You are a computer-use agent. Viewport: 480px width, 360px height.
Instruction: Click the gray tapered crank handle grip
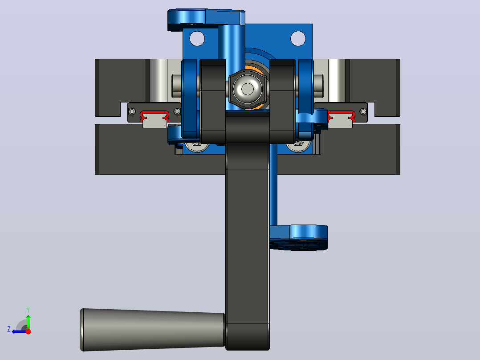tap(152, 330)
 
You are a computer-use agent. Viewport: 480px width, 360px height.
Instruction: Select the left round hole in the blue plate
tap(197, 39)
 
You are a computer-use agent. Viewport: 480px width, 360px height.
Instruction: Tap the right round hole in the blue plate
tap(298, 39)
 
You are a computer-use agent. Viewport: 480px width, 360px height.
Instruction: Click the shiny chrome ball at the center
tap(248, 89)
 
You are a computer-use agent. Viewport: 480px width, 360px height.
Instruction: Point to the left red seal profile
tap(155, 115)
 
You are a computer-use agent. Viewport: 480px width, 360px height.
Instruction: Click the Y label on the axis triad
tap(28, 310)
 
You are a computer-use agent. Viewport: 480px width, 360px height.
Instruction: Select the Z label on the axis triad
tap(9, 329)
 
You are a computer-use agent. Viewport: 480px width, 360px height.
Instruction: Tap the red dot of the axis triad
tap(28, 331)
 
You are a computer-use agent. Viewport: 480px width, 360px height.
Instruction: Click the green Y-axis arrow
tap(28, 322)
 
